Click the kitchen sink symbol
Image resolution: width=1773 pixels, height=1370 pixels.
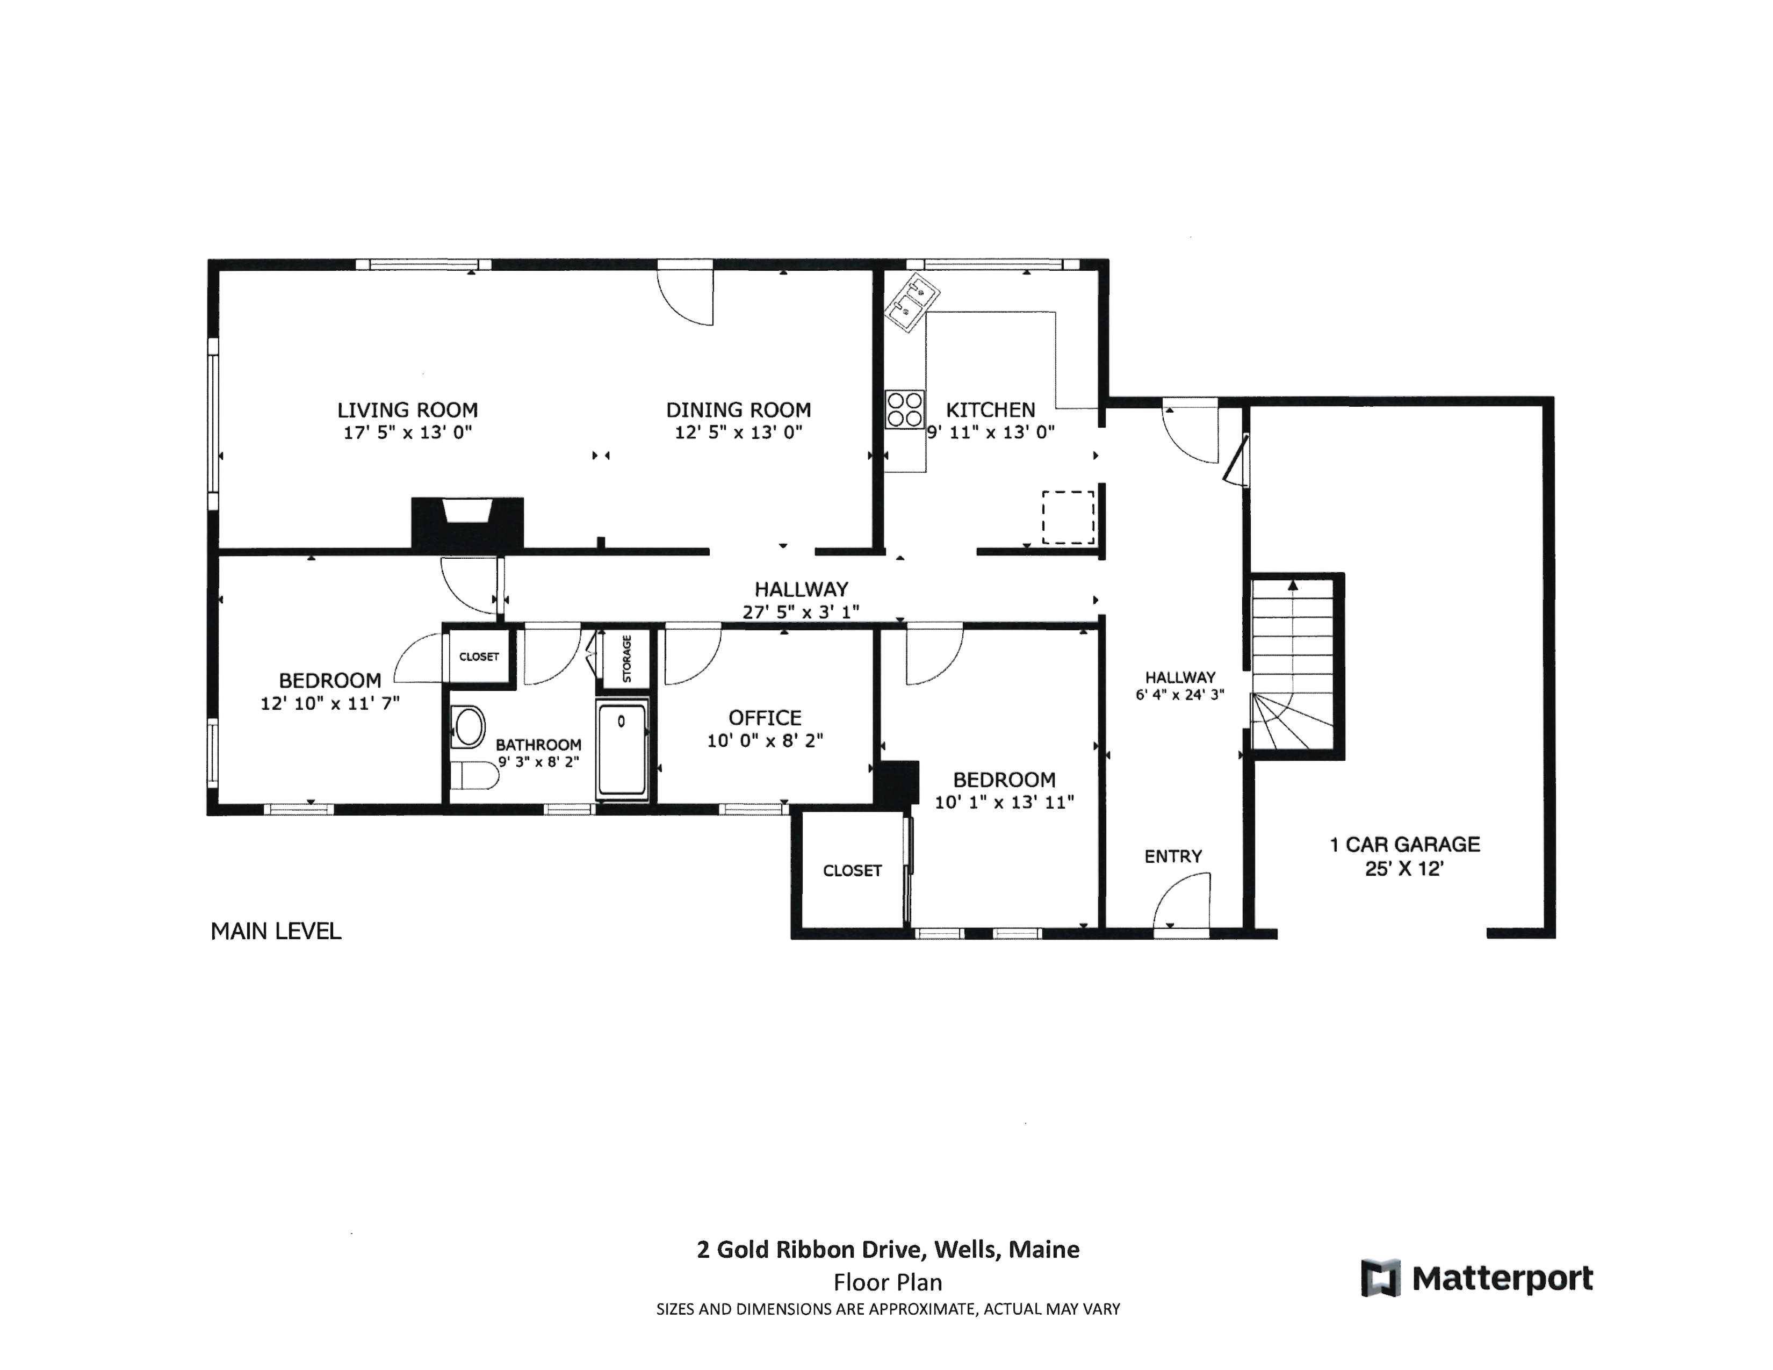pos(911,302)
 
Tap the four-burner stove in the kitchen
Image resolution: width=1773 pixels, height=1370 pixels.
pos(904,410)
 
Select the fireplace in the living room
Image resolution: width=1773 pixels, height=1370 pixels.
pos(467,523)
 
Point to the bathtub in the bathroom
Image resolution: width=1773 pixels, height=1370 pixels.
pos(622,749)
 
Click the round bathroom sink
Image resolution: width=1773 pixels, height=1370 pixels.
pos(469,726)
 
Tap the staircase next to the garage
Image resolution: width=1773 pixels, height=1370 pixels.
pos(1292,666)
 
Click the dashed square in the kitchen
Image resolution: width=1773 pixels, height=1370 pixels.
pos(1068,517)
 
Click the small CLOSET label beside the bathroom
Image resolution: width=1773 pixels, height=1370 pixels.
pos(479,657)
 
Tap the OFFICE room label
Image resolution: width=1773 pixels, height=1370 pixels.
pos(765,717)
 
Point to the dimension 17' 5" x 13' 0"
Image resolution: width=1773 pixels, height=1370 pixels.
pos(408,432)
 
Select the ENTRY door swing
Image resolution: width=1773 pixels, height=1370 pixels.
pos(1184,899)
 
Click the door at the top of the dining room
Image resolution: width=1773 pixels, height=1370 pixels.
pos(686,294)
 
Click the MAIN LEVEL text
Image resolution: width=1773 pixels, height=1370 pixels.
pos(276,931)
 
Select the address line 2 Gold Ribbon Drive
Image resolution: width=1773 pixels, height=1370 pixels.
pos(888,1249)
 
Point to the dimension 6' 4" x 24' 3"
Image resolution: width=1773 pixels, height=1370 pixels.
pos(1179,695)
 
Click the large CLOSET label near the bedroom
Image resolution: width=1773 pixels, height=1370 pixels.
pos(852,870)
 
